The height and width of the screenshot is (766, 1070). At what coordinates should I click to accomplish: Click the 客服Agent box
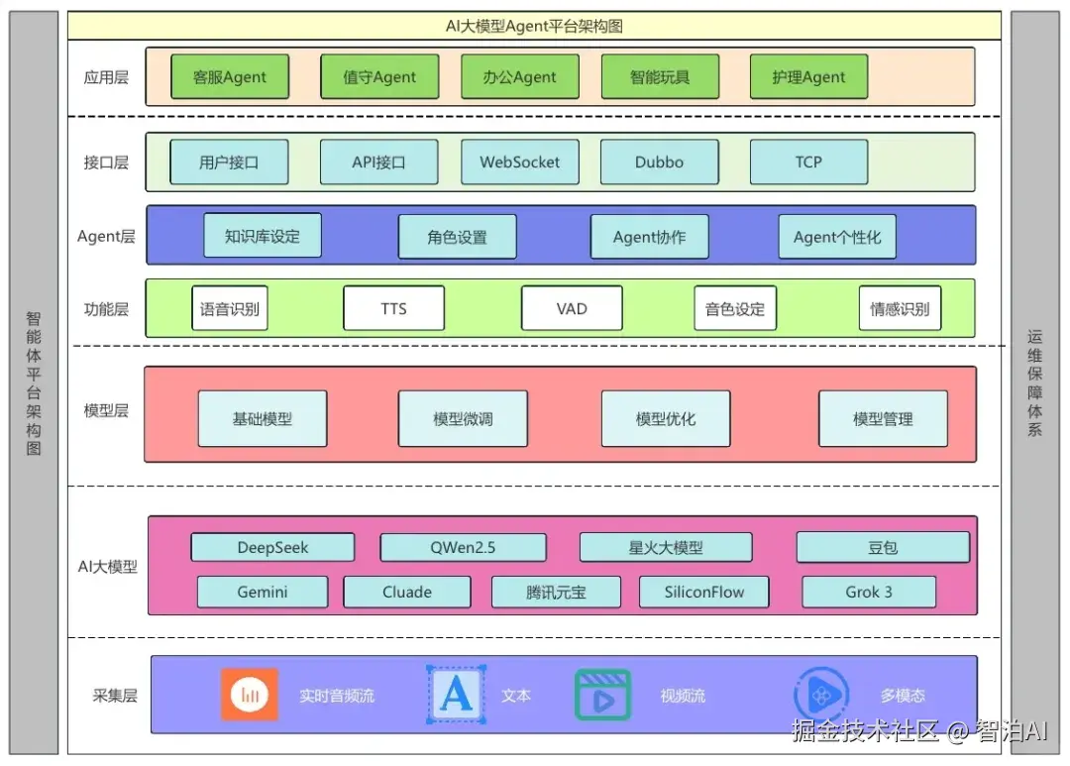tap(230, 77)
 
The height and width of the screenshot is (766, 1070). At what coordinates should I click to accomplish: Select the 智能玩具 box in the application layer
tap(660, 77)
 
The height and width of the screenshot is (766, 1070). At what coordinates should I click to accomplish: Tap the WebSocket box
tap(520, 162)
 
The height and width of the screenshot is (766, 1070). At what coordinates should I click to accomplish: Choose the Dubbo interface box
tap(659, 162)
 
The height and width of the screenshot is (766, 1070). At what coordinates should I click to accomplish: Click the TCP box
tap(808, 162)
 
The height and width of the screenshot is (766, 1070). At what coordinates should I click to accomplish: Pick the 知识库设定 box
tap(263, 236)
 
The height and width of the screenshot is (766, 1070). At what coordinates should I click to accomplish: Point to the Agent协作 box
tap(650, 237)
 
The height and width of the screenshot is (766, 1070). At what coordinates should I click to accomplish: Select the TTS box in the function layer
tap(393, 308)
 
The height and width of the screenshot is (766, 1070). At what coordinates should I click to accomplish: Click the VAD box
tap(572, 308)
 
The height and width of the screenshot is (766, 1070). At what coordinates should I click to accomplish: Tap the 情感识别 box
tap(900, 308)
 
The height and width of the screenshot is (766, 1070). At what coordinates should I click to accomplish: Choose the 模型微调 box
tap(463, 418)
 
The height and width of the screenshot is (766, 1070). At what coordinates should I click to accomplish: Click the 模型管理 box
tap(883, 418)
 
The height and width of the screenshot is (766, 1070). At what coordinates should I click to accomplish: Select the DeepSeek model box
tap(273, 548)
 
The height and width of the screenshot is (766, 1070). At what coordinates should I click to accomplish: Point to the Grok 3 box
tap(869, 592)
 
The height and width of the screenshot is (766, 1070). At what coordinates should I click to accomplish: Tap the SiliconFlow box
tap(704, 592)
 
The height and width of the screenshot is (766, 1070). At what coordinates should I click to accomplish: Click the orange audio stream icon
tap(249, 695)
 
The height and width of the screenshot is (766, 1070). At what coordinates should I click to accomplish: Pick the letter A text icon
tap(456, 695)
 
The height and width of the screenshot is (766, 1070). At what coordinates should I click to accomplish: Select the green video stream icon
tap(602, 695)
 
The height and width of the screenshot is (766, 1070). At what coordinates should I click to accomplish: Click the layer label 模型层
tap(106, 410)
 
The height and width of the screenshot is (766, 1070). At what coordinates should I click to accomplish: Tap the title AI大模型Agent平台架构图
tap(534, 26)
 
